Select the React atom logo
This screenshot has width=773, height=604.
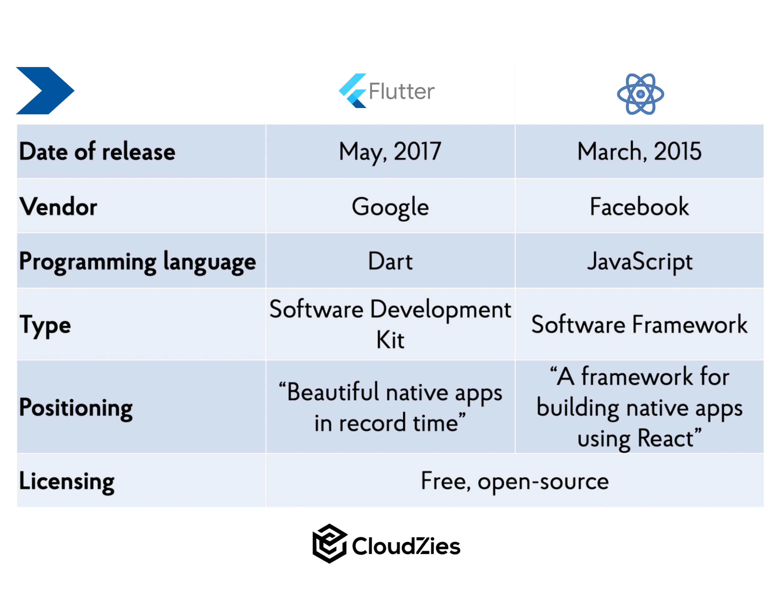click(640, 94)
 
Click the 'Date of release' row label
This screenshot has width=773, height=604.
click(97, 151)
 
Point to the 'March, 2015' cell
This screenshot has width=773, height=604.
click(639, 151)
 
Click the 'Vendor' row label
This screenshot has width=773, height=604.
click(58, 206)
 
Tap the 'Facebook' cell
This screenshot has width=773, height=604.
click(639, 206)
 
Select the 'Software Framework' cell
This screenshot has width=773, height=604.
click(639, 324)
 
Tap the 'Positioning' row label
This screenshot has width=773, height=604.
click(76, 408)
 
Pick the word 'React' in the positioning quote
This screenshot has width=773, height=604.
click(665, 438)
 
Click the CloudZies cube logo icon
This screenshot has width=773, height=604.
click(329, 544)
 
